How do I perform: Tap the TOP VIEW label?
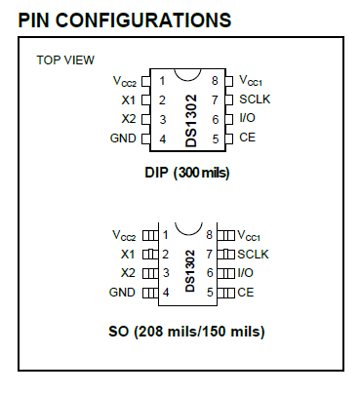coord(65,60)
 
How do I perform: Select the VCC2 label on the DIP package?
coord(124,81)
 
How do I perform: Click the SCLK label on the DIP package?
coord(256,99)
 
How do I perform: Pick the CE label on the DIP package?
coord(247,137)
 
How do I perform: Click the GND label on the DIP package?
coord(123,138)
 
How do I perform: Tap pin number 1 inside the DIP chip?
coord(162,81)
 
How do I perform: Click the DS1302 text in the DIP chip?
coord(190,118)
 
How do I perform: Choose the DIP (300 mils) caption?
coord(188,173)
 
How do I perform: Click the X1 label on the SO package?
coord(127,254)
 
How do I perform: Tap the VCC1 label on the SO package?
coord(250,236)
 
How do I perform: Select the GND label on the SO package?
coord(122,292)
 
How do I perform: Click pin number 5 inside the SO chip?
coord(210,292)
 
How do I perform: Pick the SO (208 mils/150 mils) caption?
coord(187,331)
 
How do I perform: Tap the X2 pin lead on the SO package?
coord(149,273)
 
